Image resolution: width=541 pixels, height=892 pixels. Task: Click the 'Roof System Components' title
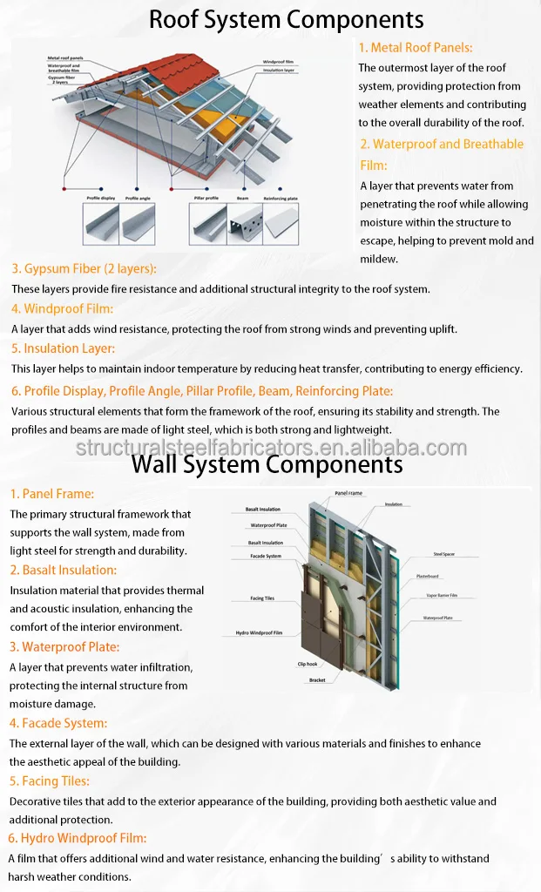click(x=286, y=19)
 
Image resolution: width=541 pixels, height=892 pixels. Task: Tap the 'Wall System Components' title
click(x=267, y=464)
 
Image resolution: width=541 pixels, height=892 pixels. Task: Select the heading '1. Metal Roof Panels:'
click(x=416, y=48)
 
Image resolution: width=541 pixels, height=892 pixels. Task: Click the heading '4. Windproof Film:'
click(x=62, y=308)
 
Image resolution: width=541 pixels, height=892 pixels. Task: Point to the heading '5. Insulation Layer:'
click(x=63, y=348)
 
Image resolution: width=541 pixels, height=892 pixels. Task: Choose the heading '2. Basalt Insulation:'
click(x=63, y=570)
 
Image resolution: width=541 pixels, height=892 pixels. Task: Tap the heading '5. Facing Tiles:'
click(x=50, y=780)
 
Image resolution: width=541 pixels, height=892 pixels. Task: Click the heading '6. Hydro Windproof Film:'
click(x=77, y=838)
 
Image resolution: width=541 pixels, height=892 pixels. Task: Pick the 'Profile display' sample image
click(x=101, y=225)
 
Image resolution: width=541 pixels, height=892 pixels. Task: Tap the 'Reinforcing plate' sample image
click(x=282, y=223)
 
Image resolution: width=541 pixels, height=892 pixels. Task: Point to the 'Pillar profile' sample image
click(x=206, y=225)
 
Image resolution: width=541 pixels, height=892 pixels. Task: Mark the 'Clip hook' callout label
click(x=307, y=664)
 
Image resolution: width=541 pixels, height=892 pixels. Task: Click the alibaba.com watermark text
click(x=271, y=448)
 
